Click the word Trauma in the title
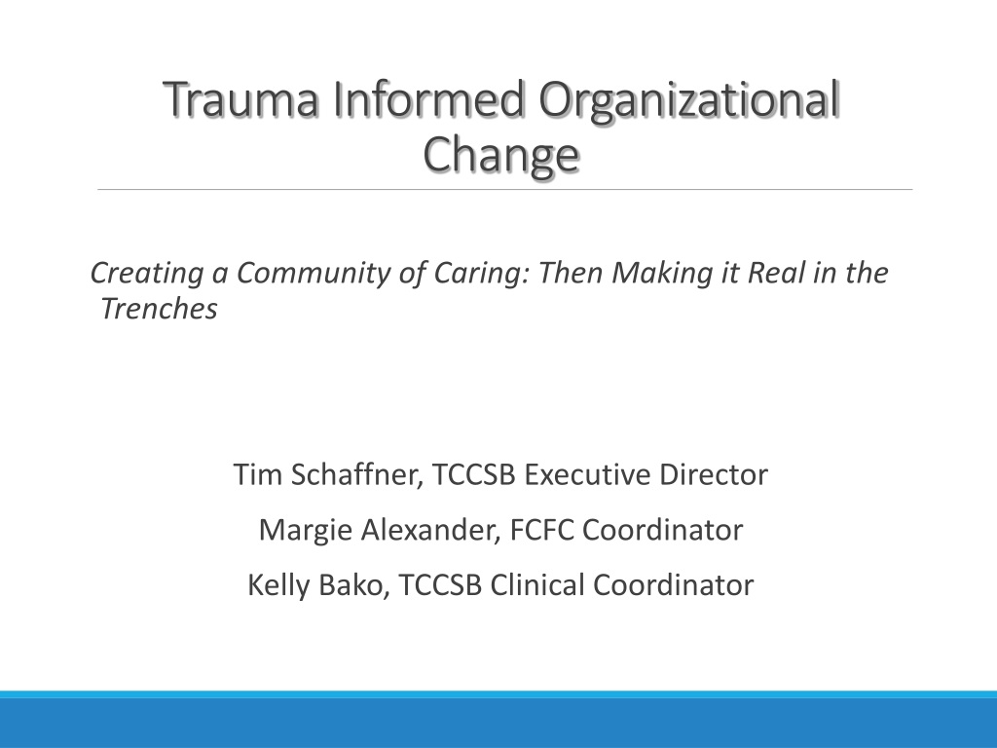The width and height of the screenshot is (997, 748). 241,99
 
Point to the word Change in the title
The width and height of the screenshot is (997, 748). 501,156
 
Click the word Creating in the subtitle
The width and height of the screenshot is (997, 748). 147,274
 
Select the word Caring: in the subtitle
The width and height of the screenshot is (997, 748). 482,274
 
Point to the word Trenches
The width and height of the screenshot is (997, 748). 159,309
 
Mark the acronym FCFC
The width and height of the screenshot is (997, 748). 541,530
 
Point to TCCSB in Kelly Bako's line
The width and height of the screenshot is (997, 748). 440,585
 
